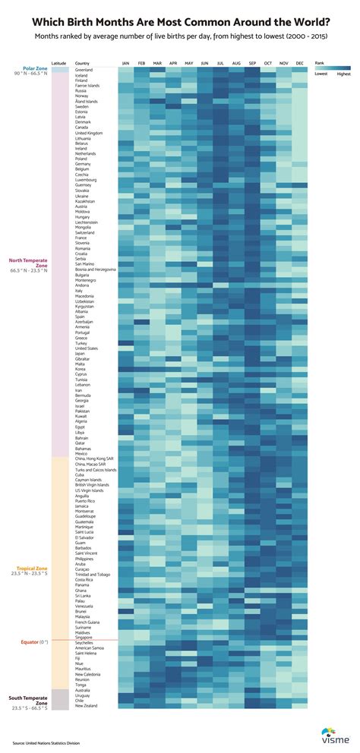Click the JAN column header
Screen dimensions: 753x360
125,63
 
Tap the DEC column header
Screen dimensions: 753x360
300,63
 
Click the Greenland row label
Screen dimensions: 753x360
84,70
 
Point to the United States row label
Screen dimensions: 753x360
86,348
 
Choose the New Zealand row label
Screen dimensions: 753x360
85,706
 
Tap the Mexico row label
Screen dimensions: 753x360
81,453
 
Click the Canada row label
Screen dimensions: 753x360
82,128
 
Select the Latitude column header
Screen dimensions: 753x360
58,63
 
